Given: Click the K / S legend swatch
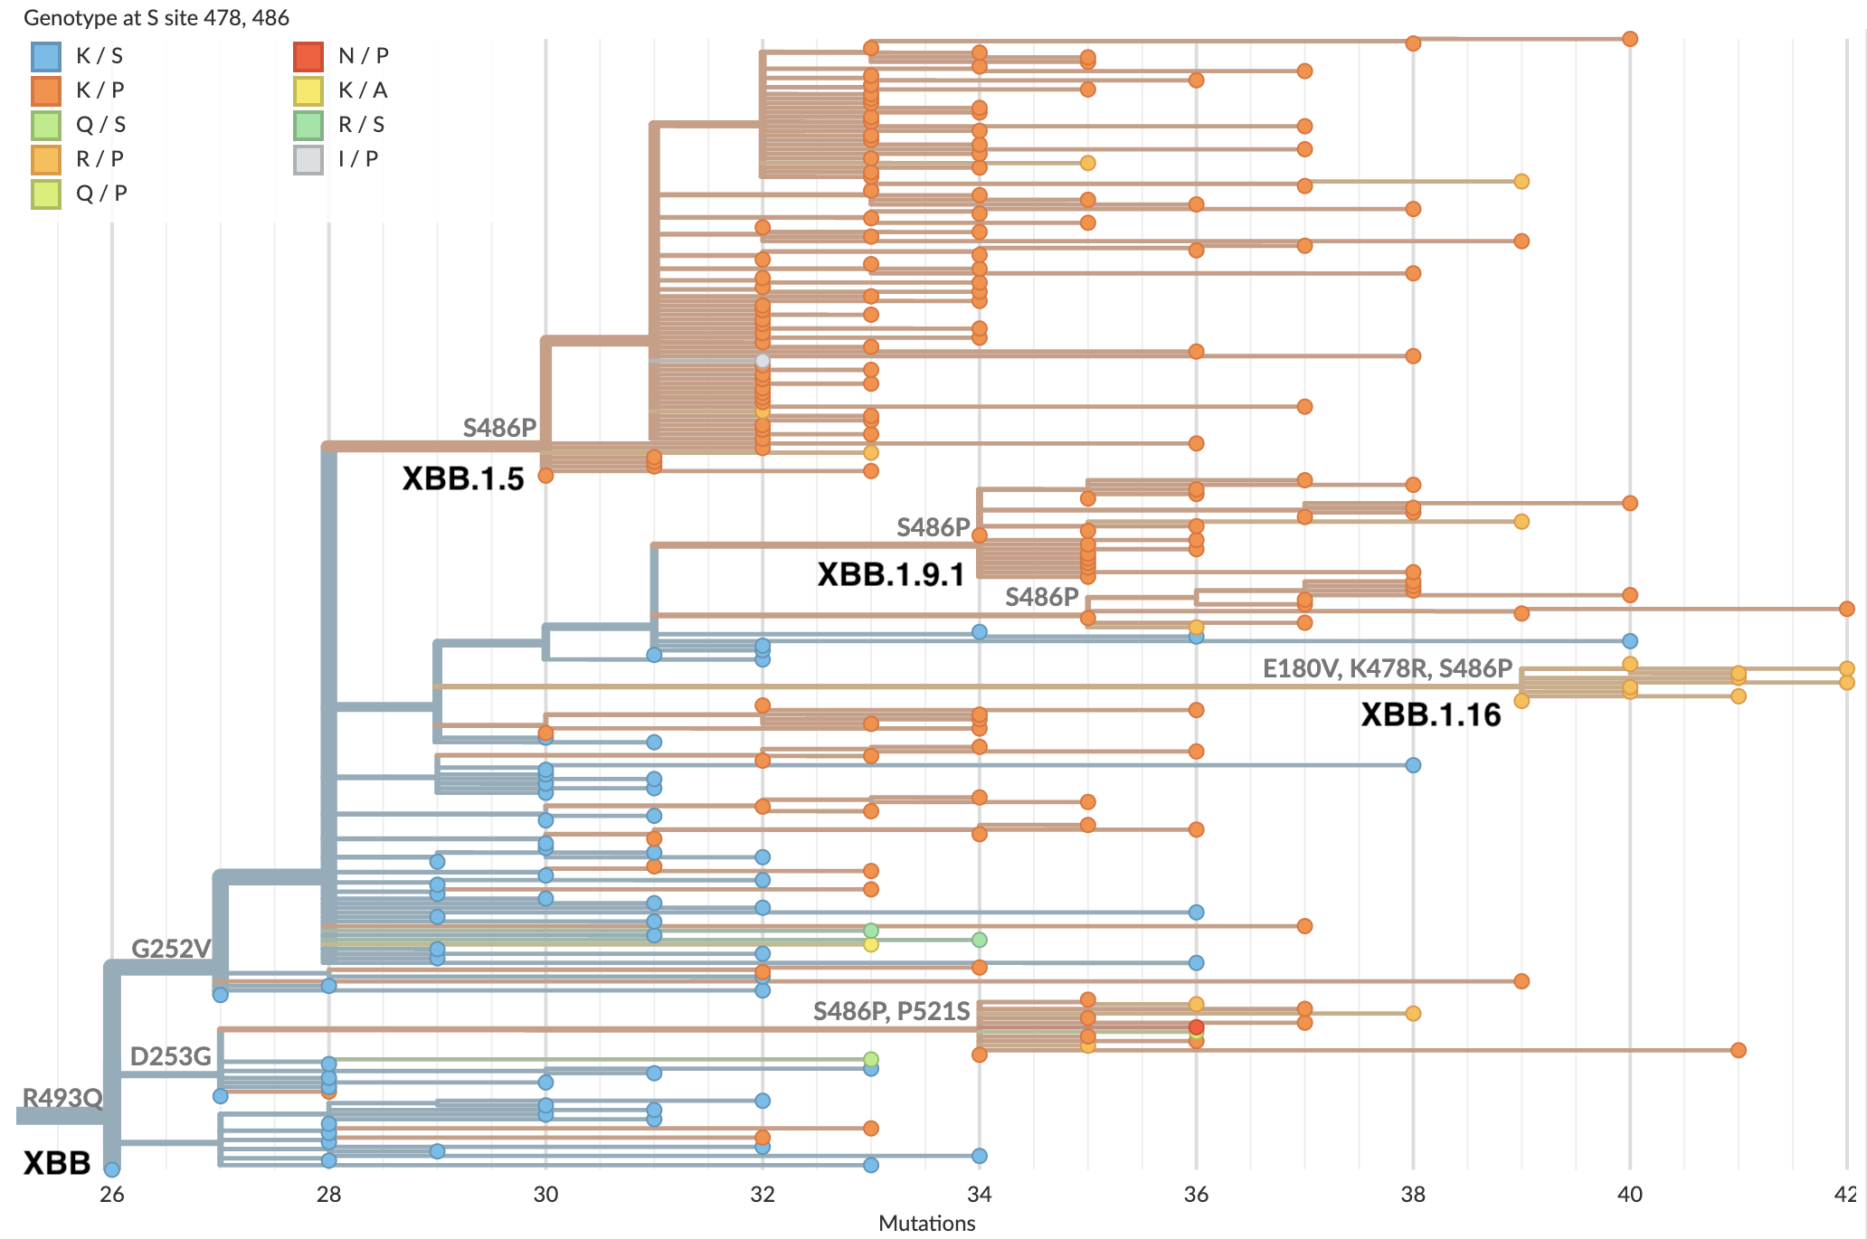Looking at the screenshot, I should coord(46,56).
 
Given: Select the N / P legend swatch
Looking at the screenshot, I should coord(308,56).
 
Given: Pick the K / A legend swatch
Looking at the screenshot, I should coord(308,90).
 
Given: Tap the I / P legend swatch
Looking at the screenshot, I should coord(308,159).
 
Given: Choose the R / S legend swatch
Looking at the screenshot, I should coord(308,125).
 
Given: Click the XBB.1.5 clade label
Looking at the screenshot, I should coord(462,478).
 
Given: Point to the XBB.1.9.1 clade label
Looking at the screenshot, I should coord(890,574).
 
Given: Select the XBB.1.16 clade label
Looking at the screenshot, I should coord(1430,714).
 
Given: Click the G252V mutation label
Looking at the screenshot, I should coord(171,949).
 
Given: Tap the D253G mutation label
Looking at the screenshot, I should coord(170,1056).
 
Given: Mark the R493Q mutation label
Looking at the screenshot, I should coord(62,1098).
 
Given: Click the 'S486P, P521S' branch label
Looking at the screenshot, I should coord(891,1011).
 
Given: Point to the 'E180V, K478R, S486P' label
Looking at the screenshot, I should coord(1387,668).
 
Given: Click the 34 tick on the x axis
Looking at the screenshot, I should coord(979,1195).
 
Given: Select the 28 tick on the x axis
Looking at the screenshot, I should coord(328,1195).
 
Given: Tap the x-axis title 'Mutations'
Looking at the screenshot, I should coord(926,1223).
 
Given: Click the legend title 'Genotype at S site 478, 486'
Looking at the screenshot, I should coord(156,17).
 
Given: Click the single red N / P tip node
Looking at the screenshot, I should coord(1196,1026).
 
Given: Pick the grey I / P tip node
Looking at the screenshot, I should coord(763,361).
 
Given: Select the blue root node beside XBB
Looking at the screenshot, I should coord(111,1169).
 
